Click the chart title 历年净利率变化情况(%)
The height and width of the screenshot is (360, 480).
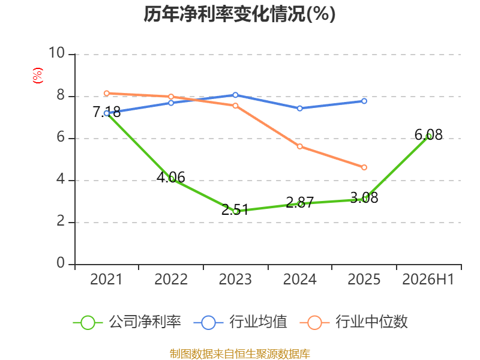(x=239, y=14)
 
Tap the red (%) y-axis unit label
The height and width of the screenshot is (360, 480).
(x=38, y=76)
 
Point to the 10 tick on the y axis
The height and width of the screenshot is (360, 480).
(x=57, y=53)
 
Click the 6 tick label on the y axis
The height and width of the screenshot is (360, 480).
(x=61, y=137)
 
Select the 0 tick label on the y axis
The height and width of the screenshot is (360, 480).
(x=61, y=263)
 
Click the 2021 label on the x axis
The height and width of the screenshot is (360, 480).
(x=106, y=279)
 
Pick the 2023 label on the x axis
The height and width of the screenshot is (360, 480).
(x=235, y=279)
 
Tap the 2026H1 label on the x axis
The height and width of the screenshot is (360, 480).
(x=428, y=279)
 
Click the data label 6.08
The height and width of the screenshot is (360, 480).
(x=428, y=134)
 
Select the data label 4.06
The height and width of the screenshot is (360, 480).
(x=171, y=177)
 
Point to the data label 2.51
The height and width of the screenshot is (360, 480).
(x=235, y=210)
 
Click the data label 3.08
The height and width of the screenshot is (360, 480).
(x=364, y=198)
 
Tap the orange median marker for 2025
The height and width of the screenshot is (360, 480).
(x=364, y=167)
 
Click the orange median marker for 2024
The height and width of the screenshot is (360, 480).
(x=299, y=146)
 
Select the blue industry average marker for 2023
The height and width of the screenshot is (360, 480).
(x=235, y=95)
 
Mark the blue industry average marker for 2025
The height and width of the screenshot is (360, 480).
(x=364, y=101)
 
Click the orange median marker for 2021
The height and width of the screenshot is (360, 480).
(x=107, y=94)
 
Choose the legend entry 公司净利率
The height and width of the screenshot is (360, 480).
(x=127, y=322)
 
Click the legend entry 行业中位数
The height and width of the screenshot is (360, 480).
(x=353, y=322)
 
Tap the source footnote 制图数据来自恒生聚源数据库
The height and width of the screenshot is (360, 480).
(x=239, y=353)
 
